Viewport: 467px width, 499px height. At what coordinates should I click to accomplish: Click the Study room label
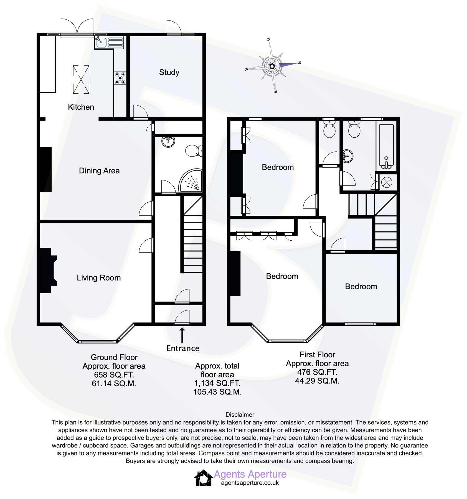169,72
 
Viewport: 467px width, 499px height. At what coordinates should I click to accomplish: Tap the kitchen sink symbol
101,42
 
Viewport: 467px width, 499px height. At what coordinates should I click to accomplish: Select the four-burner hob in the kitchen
120,78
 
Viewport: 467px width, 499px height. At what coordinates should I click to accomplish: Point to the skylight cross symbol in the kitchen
81,80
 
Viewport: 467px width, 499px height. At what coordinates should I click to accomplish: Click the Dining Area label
99,170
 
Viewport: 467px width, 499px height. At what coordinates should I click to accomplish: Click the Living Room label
98,277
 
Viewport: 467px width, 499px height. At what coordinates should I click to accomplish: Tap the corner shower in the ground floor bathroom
191,181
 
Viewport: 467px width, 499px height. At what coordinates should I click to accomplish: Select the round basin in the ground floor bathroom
168,141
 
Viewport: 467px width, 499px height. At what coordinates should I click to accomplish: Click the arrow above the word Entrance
182,335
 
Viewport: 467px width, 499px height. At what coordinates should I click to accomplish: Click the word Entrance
182,348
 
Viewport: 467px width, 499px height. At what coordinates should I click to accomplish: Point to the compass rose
272,66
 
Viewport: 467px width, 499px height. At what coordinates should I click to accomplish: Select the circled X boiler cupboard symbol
387,182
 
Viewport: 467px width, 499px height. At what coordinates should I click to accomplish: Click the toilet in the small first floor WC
329,129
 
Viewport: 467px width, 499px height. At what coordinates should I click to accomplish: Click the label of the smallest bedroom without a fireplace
361,286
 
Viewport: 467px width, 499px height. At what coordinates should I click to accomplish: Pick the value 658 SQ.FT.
114,375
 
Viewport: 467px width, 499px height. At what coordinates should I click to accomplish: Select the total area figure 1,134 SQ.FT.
217,383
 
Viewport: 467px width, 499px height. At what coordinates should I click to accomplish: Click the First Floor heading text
317,355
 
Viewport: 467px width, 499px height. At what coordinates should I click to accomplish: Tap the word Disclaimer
240,414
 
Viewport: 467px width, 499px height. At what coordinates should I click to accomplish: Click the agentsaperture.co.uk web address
250,483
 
